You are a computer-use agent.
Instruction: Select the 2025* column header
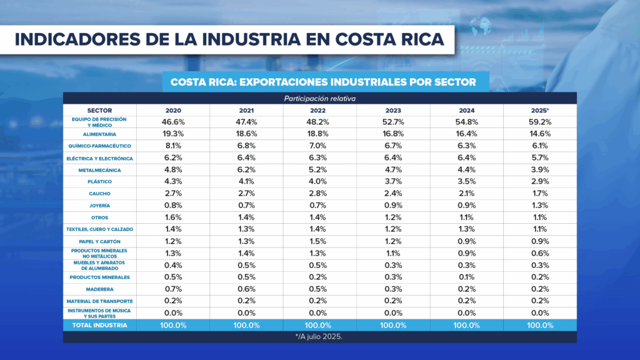(540, 110)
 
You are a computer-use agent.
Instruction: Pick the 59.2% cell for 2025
(540, 122)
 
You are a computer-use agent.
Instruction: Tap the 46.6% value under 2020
(173, 122)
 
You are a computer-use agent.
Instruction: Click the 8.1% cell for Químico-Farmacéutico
(173, 146)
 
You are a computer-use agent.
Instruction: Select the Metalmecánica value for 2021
(246, 170)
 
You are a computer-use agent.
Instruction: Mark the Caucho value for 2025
(540, 194)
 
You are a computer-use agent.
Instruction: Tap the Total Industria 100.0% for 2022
(320, 325)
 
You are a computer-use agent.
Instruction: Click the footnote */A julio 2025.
(319, 336)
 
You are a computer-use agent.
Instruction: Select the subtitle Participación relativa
(319, 98)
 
